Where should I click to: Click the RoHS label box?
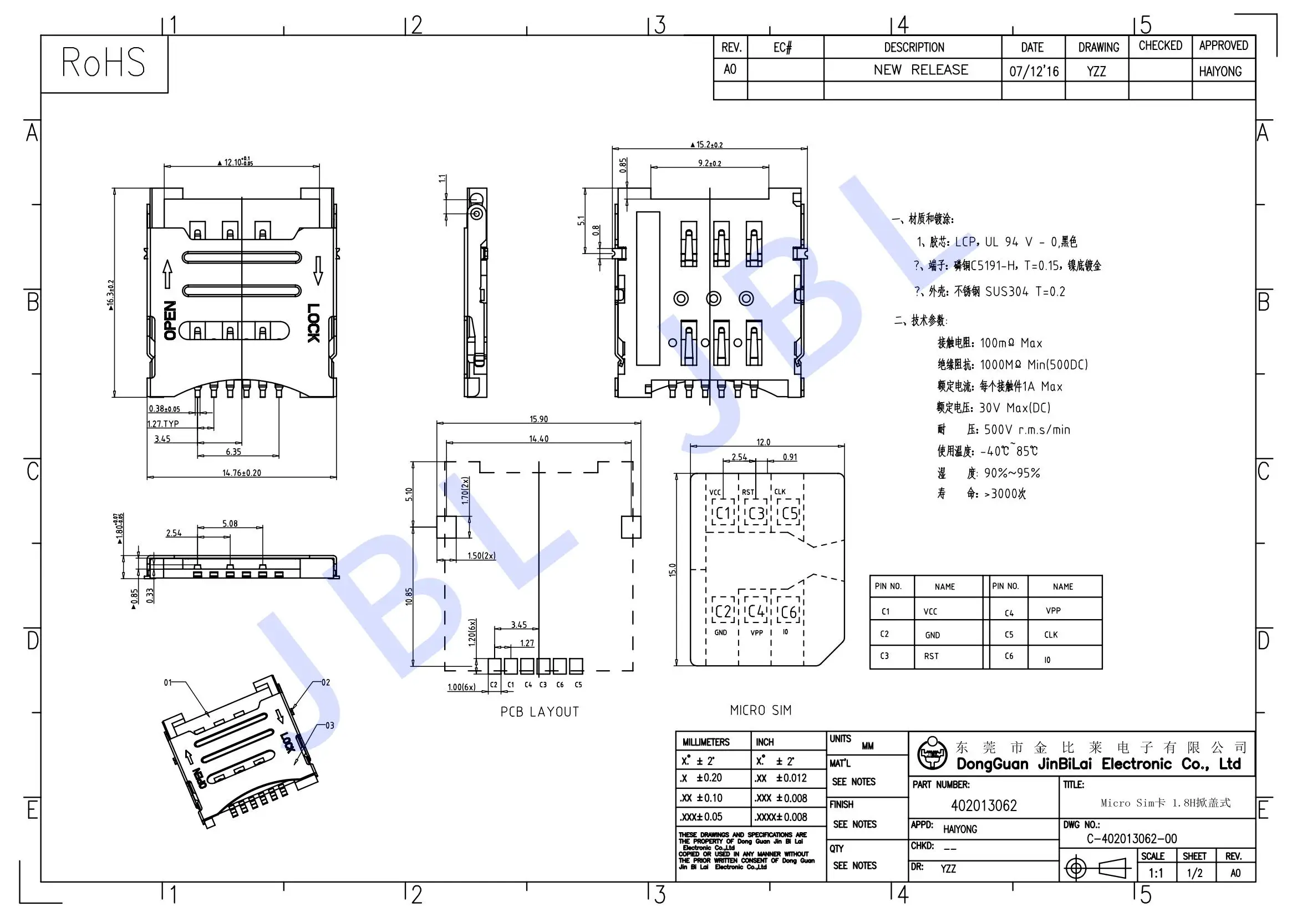click(104, 63)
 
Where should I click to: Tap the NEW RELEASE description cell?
click(920, 70)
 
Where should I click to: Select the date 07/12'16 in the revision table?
click(1034, 71)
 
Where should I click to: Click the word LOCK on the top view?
click(313, 323)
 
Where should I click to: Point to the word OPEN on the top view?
click(170, 320)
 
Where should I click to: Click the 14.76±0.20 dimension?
click(241, 473)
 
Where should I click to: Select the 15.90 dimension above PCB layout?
click(538, 419)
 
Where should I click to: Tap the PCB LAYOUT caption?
click(540, 712)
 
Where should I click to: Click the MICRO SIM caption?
click(760, 710)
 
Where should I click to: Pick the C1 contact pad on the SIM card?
click(723, 514)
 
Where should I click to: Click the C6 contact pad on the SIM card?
click(789, 612)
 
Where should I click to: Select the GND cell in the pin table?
click(932, 635)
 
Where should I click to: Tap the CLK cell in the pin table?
click(1051, 635)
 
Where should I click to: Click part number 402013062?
click(984, 805)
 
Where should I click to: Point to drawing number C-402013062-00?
click(1132, 838)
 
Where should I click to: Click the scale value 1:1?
click(1156, 873)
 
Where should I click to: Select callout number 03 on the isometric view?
click(329, 726)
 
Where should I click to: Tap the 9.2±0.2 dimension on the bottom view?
click(710, 163)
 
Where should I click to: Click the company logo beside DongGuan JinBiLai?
click(931, 754)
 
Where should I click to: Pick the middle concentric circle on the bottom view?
click(714, 298)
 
